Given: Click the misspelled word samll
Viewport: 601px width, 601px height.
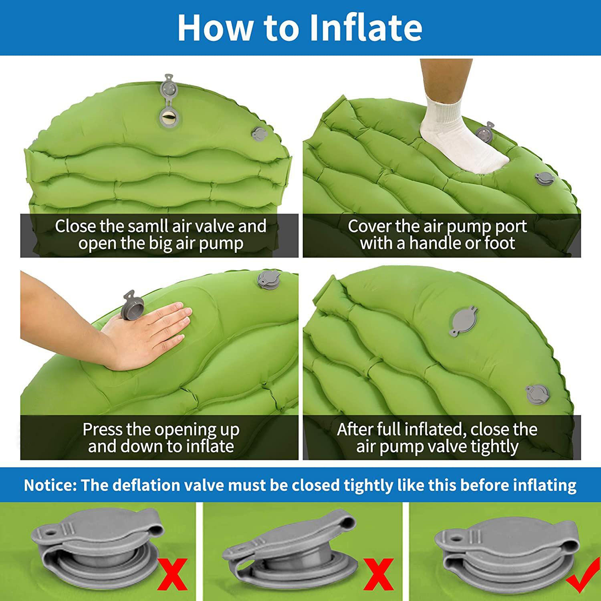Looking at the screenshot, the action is coord(149,226).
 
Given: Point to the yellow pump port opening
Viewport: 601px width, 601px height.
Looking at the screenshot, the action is coord(169,117).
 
